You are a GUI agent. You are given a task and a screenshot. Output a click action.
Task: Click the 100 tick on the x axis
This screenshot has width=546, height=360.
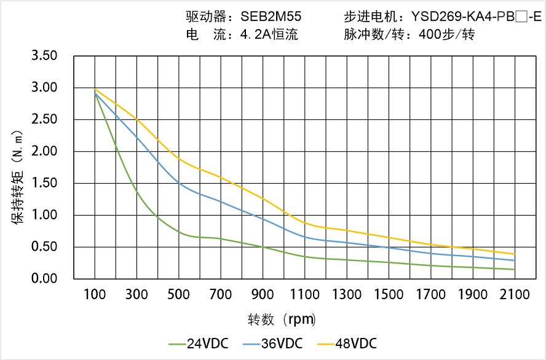[95, 295]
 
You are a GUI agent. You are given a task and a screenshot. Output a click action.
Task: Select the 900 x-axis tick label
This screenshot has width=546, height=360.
[263, 295]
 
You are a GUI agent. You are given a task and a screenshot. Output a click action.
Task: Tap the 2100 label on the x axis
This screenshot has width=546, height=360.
[515, 295]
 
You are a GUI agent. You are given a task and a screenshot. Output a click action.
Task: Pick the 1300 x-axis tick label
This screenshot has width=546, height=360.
[347, 295]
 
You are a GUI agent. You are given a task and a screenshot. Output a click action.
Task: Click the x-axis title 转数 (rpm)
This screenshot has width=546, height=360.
[282, 319]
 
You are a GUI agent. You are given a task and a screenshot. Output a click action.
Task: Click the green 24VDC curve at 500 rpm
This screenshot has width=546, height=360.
[179, 232]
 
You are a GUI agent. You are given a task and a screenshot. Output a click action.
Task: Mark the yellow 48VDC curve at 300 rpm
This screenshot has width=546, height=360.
[137, 120]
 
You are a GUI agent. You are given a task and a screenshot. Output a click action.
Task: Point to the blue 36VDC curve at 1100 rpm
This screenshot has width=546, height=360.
[305, 237]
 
